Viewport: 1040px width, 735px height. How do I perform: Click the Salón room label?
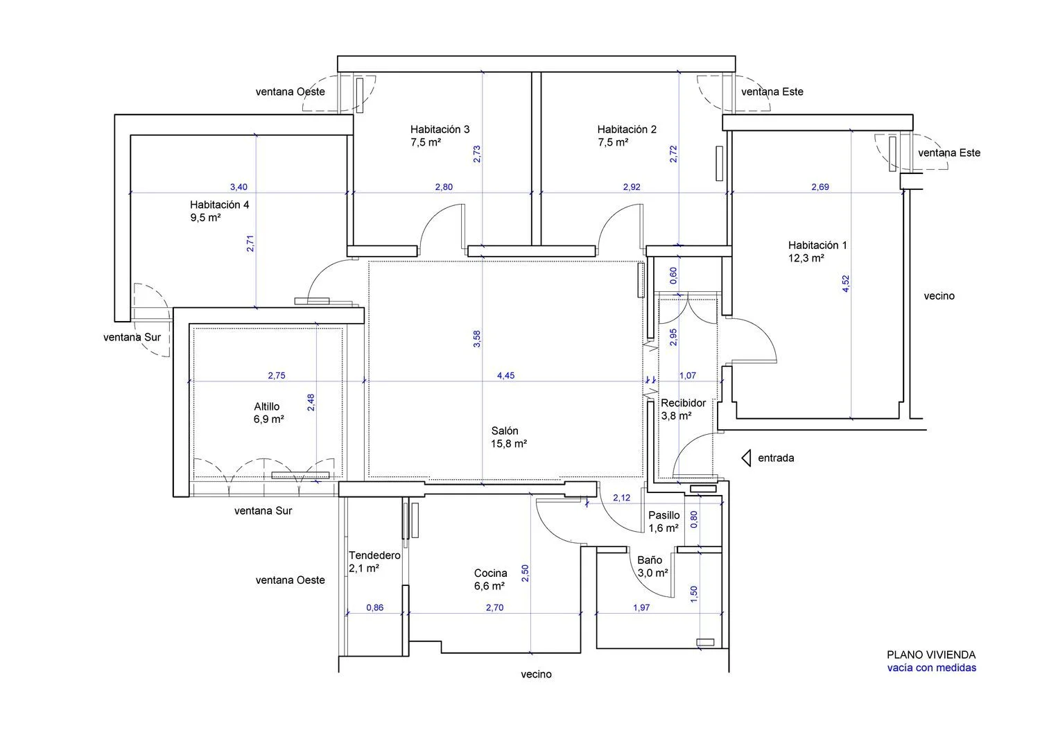click(505, 431)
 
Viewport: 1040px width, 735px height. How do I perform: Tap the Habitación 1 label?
click(817, 245)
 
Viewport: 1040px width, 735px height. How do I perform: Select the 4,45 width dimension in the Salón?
click(505, 376)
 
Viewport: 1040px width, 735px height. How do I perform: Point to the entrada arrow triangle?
click(746, 458)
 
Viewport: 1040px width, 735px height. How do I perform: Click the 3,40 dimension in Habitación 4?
click(239, 187)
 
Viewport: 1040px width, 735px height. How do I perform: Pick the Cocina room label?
click(490, 573)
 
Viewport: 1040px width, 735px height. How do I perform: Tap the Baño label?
click(650, 560)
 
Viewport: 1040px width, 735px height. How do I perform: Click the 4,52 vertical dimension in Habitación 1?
click(845, 284)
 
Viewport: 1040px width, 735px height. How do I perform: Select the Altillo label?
click(266, 407)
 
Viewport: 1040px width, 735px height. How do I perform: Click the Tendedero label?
click(374, 555)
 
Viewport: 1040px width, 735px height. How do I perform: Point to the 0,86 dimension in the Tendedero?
click(374, 607)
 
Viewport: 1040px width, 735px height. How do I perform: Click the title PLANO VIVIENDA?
click(931, 655)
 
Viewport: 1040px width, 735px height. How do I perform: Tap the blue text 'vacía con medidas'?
click(931, 668)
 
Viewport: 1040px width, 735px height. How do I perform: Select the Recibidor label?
click(684, 403)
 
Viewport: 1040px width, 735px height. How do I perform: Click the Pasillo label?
click(664, 515)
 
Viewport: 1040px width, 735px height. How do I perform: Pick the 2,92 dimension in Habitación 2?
click(632, 187)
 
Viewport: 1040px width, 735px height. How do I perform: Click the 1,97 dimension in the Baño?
click(641, 607)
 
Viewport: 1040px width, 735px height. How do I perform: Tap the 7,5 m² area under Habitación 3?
click(425, 142)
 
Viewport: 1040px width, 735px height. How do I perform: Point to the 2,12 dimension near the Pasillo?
click(622, 498)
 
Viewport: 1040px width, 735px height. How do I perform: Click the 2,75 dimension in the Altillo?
click(276, 376)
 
